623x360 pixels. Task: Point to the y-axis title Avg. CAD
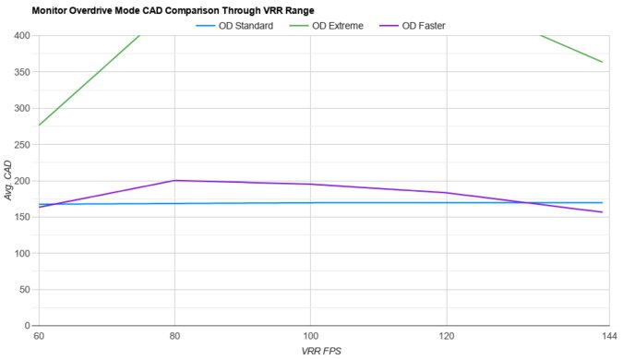click(x=8, y=181)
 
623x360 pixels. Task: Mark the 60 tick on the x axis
click(x=38, y=336)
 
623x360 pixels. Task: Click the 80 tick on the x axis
click(x=174, y=336)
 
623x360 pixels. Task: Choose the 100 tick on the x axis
click(x=310, y=336)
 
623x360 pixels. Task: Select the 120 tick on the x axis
click(x=447, y=336)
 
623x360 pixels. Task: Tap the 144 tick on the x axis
click(x=602, y=336)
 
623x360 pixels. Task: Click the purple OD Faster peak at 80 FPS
click(x=174, y=180)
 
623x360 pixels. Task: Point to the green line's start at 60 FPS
click(x=38, y=126)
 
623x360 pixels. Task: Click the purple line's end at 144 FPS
click(x=602, y=212)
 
